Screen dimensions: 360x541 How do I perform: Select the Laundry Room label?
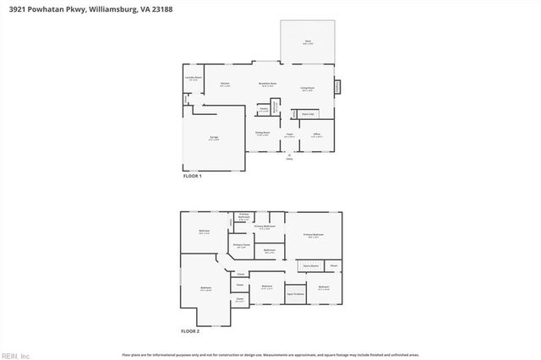click(x=194, y=79)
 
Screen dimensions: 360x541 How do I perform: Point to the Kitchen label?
click(x=225, y=84)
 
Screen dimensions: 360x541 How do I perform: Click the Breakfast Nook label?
click(x=268, y=85)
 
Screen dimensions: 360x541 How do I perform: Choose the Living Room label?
click(x=308, y=89)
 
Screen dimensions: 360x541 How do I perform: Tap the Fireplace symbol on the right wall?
click(x=337, y=86)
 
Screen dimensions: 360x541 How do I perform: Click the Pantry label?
click(x=264, y=109)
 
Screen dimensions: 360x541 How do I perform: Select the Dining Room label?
click(x=262, y=133)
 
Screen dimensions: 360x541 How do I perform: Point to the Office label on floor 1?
click(x=316, y=134)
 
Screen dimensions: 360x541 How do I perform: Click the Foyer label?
click(x=288, y=134)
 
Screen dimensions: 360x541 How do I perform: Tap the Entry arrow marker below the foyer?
click(x=288, y=155)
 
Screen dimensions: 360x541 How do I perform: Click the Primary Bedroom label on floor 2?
click(x=313, y=236)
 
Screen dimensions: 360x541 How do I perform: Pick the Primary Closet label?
click(x=241, y=246)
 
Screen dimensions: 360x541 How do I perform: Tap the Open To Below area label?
click(x=295, y=294)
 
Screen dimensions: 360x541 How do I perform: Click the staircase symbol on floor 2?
click(x=309, y=265)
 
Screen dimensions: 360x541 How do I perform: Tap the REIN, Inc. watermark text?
click(x=15, y=354)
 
